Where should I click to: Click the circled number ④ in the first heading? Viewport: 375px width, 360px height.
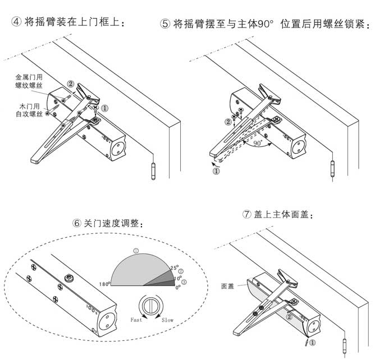(17, 21)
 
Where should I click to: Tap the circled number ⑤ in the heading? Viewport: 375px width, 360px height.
(165, 25)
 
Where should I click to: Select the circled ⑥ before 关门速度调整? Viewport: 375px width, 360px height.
(77, 223)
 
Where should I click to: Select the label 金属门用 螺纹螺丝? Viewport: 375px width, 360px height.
(29, 80)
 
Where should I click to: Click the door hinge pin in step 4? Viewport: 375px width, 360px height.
(153, 170)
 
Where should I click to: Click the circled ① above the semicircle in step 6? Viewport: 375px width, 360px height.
(135, 250)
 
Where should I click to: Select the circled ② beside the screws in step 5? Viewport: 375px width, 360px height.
(227, 122)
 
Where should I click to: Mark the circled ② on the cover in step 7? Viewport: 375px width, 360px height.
(289, 317)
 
